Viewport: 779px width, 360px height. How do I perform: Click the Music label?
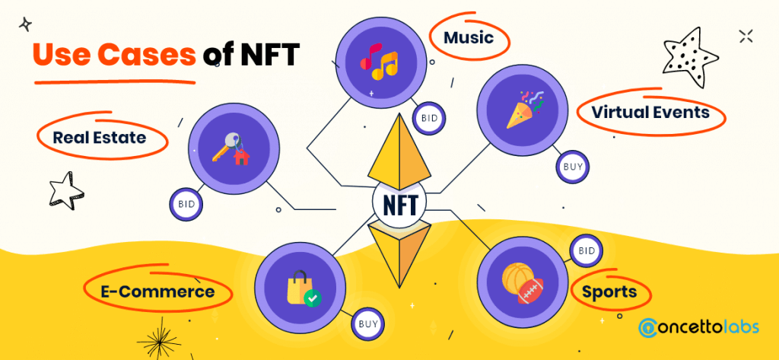point(469,37)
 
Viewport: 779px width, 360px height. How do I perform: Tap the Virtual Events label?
point(650,113)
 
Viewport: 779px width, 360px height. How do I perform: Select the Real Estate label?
point(99,138)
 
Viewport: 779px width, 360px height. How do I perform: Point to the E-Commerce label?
point(157,291)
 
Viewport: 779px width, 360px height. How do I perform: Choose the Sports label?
point(609,292)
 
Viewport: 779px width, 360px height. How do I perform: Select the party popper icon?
point(523,112)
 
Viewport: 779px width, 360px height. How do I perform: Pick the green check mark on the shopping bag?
point(312,299)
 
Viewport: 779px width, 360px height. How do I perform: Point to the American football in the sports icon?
point(530,289)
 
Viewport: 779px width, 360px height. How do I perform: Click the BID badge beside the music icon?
point(428,119)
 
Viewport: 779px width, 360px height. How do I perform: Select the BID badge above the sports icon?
point(586,250)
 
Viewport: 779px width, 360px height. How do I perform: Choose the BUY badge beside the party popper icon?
point(572,167)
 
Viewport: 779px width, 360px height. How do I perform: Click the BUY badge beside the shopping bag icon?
point(367,324)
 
